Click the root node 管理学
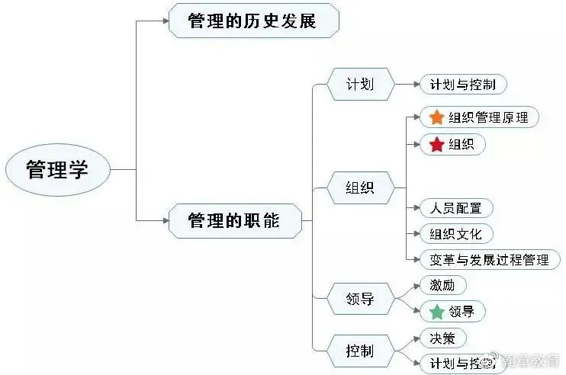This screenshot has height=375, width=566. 57,169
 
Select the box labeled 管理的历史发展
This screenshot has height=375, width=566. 252,21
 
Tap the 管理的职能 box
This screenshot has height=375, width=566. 234,221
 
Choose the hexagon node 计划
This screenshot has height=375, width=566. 361,84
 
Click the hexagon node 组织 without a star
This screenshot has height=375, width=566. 361,187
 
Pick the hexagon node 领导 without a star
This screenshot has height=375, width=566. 361,299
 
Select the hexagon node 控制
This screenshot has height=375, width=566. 361,351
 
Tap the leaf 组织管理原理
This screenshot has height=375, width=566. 480,117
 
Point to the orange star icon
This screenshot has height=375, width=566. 436,117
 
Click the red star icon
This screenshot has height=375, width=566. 436,144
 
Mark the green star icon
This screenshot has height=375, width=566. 436,312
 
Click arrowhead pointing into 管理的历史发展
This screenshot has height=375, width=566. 164,21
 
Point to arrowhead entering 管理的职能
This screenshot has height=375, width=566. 164,221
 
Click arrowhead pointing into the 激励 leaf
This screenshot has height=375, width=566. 416,286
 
